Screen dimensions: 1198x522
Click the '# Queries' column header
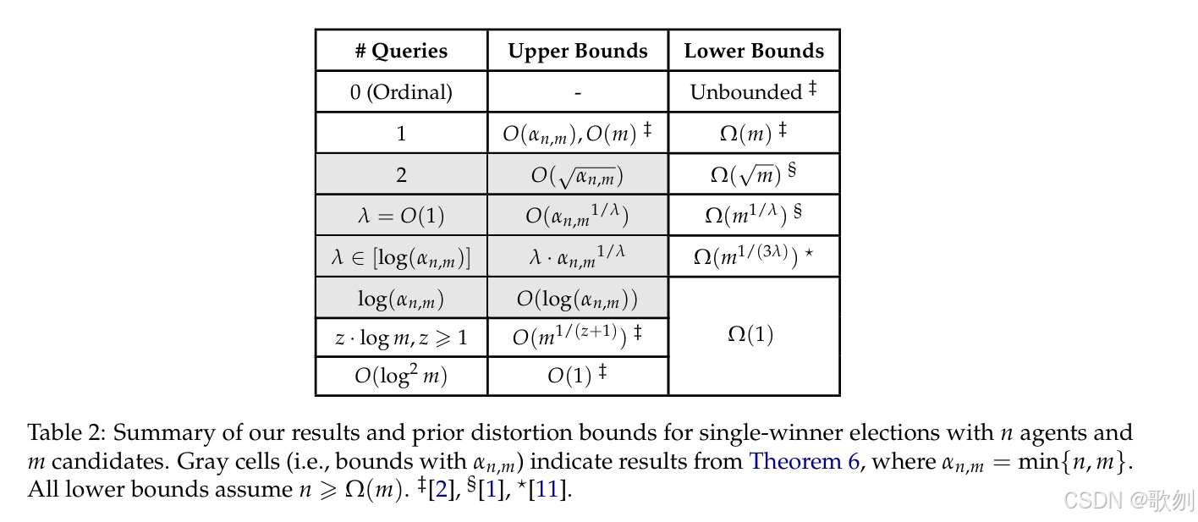point(401,51)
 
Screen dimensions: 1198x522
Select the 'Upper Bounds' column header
point(578,51)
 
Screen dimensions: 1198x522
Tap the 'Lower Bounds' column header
point(754,51)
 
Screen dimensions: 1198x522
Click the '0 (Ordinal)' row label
point(401,92)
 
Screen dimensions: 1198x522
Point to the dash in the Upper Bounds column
point(578,92)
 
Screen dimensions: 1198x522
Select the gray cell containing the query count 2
point(401,174)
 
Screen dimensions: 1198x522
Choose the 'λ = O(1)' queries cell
point(401,216)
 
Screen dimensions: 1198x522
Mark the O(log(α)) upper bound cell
point(578,299)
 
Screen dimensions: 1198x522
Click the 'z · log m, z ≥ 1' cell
point(401,338)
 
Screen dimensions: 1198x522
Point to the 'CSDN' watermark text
point(1091,501)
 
